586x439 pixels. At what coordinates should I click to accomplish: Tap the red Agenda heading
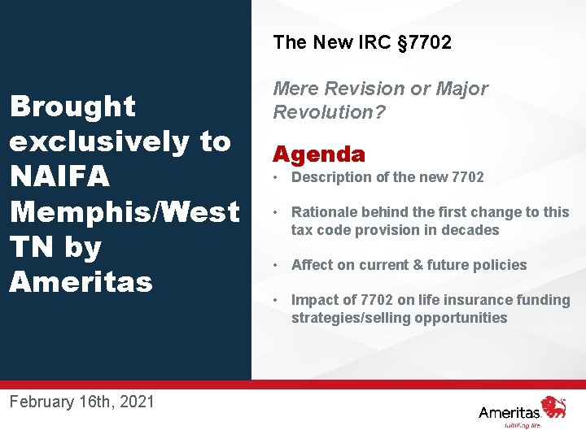coord(319,154)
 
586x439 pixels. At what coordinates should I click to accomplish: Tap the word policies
coord(497,265)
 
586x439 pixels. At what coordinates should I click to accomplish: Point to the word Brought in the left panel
coord(72,106)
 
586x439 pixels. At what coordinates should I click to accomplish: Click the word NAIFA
coord(62,176)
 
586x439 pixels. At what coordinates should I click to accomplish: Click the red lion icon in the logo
coord(554,406)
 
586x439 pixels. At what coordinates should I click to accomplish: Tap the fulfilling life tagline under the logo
coord(522,424)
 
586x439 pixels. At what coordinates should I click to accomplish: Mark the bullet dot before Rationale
coord(278,212)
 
